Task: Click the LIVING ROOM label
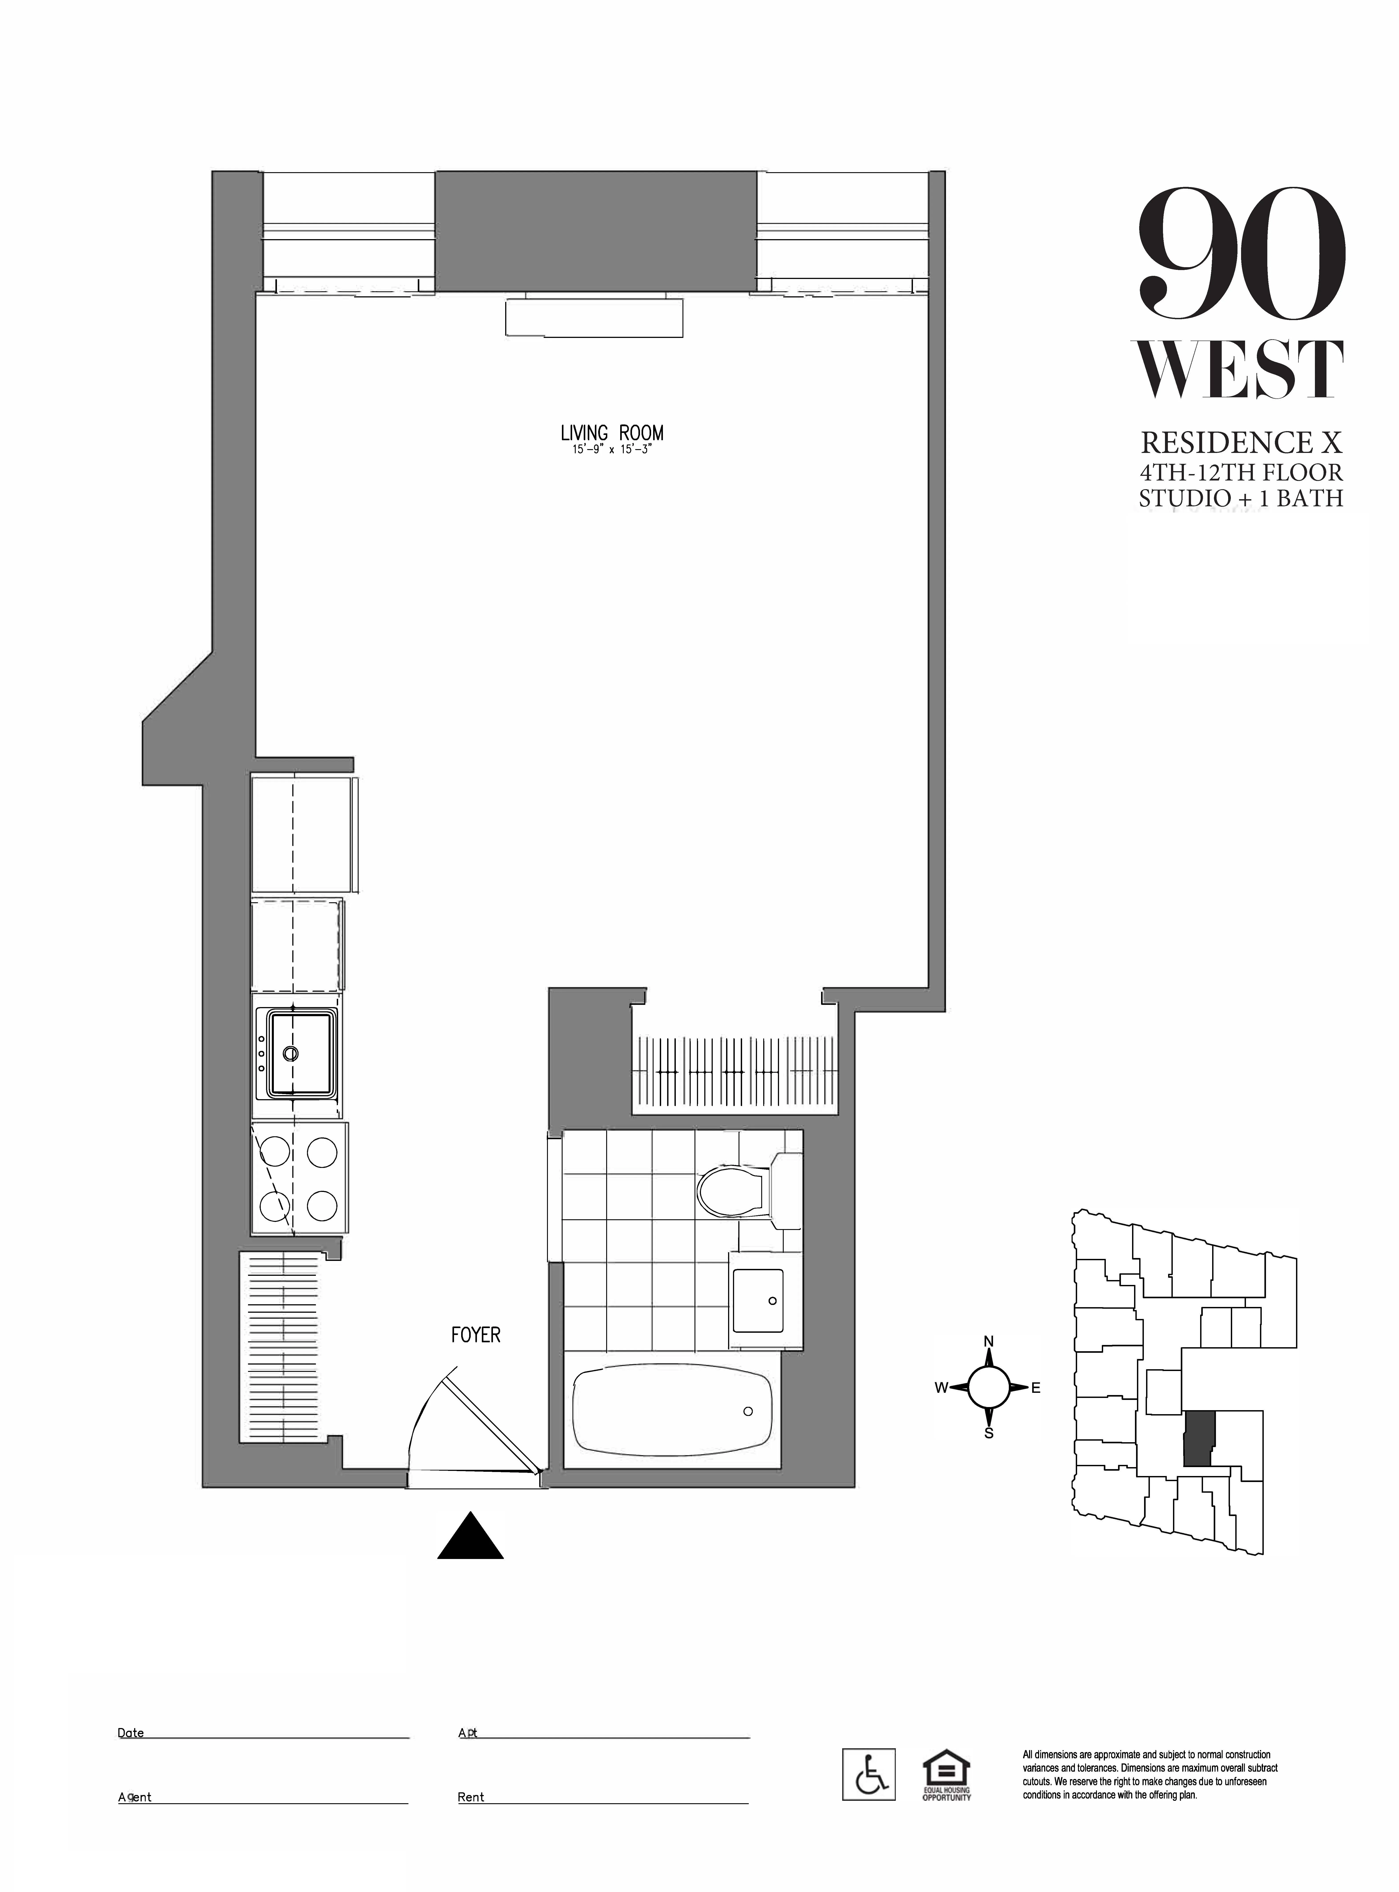point(612,433)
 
